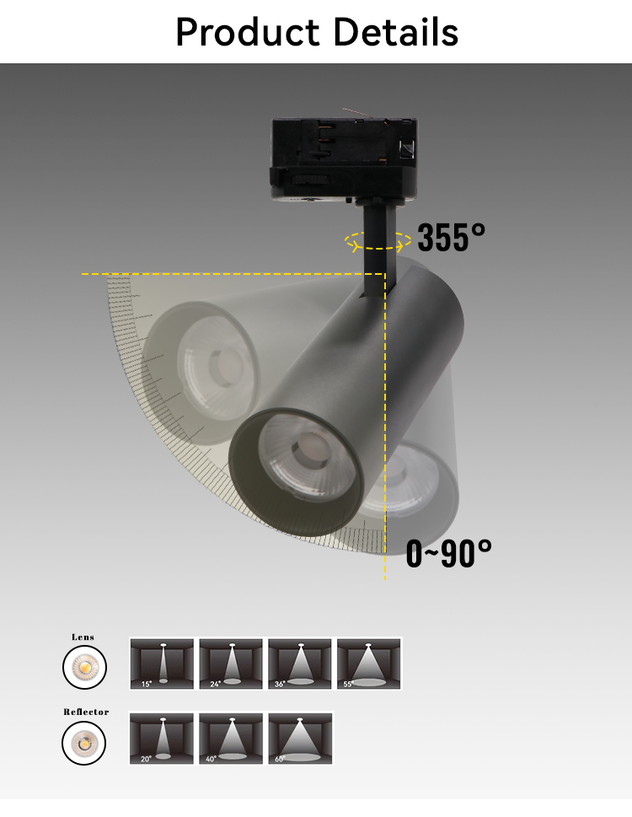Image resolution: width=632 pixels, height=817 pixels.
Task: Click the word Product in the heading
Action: [x=247, y=32]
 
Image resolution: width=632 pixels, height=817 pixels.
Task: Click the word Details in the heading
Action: [x=396, y=32]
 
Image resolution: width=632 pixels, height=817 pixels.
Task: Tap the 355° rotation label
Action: [x=452, y=237]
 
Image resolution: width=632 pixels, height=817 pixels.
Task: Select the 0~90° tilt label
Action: [x=448, y=553]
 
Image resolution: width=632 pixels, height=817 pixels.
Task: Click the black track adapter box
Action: [x=344, y=159]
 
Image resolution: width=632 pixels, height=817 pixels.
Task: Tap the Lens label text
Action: [x=83, y=637]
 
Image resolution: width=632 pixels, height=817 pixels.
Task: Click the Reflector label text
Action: [x=86, y=712]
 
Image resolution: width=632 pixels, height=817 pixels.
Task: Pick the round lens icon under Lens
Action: [x=84, y=667]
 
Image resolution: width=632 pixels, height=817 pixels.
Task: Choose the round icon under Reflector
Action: [x=83, y=743]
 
